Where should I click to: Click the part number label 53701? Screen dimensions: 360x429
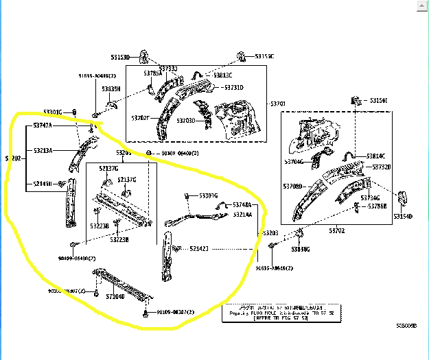[x=278, y=104]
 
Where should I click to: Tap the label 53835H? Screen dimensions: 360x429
[x=111, y=89]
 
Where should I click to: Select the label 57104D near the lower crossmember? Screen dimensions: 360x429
[x=115, y=296]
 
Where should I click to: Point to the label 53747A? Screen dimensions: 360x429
[x=43, y=126]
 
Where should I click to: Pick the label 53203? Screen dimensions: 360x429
[x=270, y=233]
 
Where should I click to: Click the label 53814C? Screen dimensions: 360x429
[x=375, y=156]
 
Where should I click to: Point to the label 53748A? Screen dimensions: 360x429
[x=242, y=205]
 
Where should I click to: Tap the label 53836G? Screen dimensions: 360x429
[x=301, y=250]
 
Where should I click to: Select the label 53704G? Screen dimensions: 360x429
[x=294, y=162]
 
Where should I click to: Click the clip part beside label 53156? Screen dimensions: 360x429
[x=356, y=101]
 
